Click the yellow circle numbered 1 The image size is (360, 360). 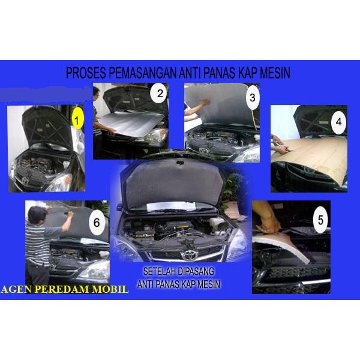point(77,120)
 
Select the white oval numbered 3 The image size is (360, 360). point(252,97)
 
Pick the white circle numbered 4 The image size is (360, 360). point(338,121)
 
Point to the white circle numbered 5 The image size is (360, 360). point(320,220)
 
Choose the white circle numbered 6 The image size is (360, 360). point(97,222)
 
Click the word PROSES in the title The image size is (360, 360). point(86,73)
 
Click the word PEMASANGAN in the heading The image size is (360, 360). point(142,73)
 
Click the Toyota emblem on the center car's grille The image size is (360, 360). point(189,255)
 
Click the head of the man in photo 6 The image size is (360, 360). point(37,214)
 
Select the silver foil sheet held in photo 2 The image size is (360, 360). point(130,124)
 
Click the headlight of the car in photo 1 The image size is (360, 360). point(60,183)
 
